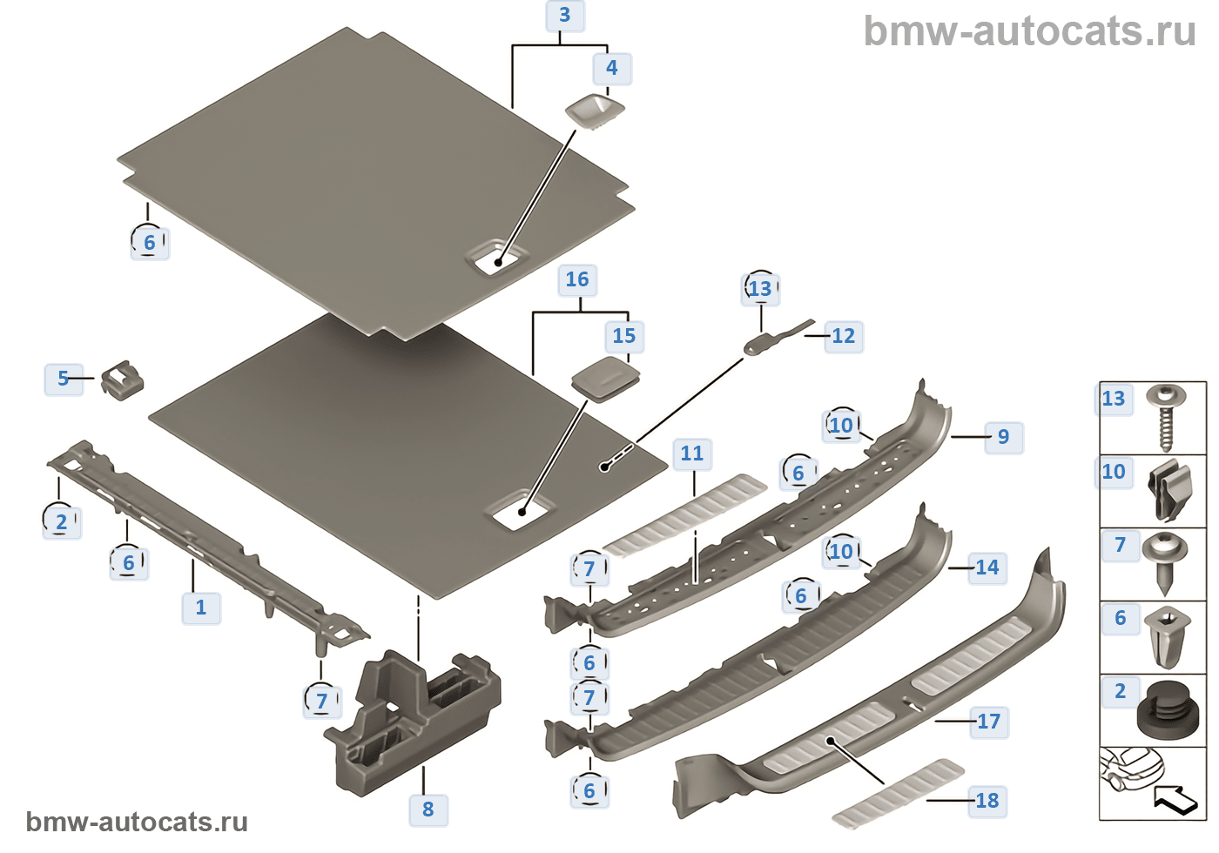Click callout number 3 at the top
(564, 16)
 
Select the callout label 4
(612, 68)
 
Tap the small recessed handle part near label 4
(595, 111)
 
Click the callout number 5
(63, 379)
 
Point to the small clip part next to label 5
(121, 381)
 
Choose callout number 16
(577, 279)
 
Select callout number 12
(843, 336)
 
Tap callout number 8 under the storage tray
(428, 809)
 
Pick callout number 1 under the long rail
(201, 607)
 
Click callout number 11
(692, 453)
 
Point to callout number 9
(1003, 437)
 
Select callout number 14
(987, 568)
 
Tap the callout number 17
(988, 722)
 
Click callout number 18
(987, 801)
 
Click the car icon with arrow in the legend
(1151, 782)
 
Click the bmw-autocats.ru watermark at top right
(1029, 31)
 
